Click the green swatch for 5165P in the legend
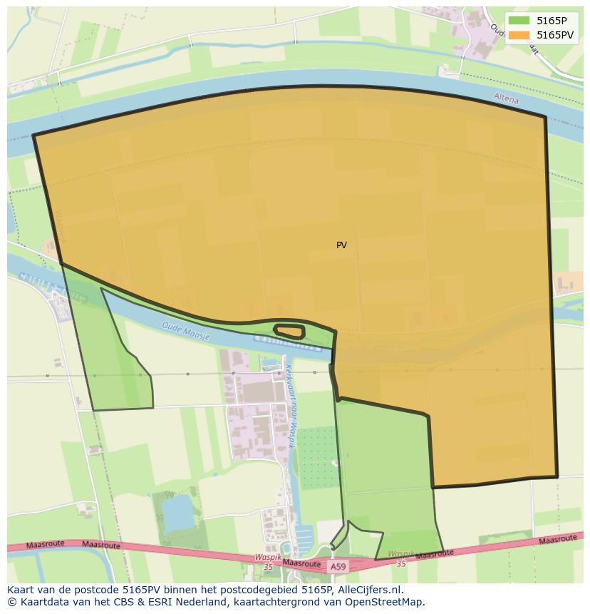(x=519, y=20)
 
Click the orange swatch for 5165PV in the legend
(x=519, y=35)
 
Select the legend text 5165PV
(x=556, y=35)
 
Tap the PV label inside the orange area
(x=341, y=245)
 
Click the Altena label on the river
(x=506, y=98)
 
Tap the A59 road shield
(x=338, y=566)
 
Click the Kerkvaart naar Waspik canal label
(x=291, y=406)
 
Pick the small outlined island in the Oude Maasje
(x=289, y=332)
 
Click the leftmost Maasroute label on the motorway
(x=45, y=545)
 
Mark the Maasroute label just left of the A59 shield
(x=301, y=563)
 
